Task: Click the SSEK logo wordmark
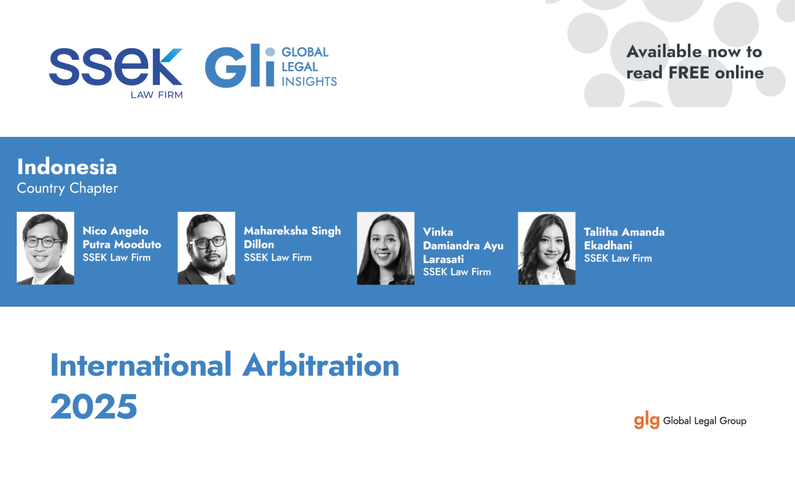(116, 67)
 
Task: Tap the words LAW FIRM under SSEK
(156, 95)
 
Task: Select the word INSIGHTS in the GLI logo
(309, 82)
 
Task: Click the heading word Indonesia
(67, 167)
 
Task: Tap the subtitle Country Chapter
(67, 188)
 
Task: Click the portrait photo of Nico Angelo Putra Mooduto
(45, 248)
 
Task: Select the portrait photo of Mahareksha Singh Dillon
(206, 248)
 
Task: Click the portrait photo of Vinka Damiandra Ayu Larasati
(386, 248)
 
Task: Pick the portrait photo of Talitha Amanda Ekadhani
(547, 248)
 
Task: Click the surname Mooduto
(137, 244)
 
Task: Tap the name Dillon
(259, 244)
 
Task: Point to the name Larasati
(443, 259)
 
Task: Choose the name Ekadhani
(608, 246)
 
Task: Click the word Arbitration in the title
(321, 365)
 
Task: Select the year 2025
(94, 406)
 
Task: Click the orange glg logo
(646, 421)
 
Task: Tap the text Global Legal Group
(705, 421)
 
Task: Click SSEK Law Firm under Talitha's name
(618, 258)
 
